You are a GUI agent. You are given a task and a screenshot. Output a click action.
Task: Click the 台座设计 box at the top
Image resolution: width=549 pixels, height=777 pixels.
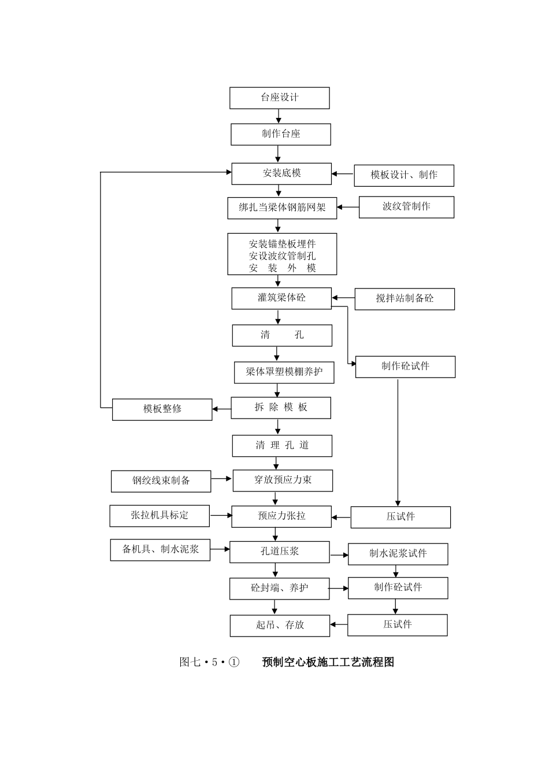(280, 98)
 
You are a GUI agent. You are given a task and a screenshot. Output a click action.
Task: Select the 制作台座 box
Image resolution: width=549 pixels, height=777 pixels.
(281, 134)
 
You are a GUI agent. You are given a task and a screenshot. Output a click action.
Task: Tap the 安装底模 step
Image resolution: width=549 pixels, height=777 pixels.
(281, 173)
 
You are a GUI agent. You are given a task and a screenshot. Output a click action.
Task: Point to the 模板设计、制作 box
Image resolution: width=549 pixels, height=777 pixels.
(404, 175)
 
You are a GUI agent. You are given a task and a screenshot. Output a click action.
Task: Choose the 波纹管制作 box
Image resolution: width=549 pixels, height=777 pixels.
(406, 207)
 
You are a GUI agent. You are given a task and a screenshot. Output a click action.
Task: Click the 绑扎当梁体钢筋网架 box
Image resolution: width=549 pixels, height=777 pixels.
(282, 208)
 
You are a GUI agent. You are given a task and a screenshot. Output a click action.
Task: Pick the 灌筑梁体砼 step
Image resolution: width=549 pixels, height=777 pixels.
(281, 298)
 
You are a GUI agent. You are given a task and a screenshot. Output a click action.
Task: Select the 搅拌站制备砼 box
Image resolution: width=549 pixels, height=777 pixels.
(405, 299)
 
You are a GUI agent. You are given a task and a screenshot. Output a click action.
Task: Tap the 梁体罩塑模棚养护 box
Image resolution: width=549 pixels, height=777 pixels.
(284, 372)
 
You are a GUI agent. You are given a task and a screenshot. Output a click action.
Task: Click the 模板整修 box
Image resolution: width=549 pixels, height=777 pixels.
(162, 409)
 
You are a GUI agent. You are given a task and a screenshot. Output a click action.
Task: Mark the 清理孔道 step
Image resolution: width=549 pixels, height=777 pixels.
(282, 446)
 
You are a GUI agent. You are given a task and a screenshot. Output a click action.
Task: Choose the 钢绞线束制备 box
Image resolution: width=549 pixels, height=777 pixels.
(161, 481)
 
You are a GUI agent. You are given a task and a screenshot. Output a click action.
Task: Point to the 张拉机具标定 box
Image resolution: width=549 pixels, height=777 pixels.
(159, 516)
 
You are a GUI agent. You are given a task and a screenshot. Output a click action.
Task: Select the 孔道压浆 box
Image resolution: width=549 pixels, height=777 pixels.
(280, 552)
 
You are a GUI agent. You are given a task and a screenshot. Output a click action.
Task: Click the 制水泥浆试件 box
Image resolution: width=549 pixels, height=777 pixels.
(398, 554)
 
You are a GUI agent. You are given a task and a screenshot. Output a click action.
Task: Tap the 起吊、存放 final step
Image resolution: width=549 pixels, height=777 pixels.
(280, 626)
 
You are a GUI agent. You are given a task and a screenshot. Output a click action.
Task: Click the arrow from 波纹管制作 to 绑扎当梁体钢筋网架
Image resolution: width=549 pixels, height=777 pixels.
(348, 207)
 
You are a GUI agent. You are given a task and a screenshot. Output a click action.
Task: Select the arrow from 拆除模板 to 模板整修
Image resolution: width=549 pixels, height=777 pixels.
(221, 410)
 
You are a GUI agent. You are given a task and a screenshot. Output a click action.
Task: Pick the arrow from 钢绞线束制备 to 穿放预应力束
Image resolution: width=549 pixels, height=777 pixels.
(221, 479)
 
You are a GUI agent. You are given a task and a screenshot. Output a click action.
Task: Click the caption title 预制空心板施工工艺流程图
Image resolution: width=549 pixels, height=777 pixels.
(328, 662)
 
